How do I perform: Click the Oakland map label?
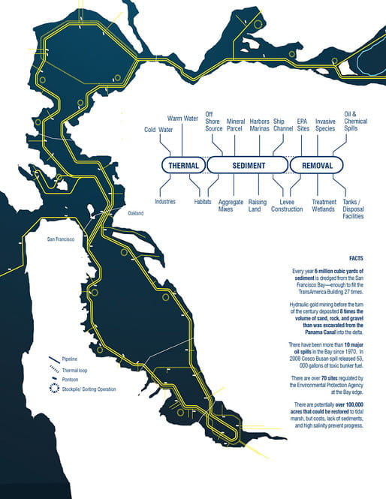click(x=136, y=214)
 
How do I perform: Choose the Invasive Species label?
click(x=325, y=125)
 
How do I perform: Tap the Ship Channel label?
click(x=283, y=125)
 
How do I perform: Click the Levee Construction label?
click(x=287, y=206)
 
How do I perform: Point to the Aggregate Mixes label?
click(x=231, y=206)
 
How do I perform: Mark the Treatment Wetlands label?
click(x=324, y=206)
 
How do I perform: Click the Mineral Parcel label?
click(x=236, y=125)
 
